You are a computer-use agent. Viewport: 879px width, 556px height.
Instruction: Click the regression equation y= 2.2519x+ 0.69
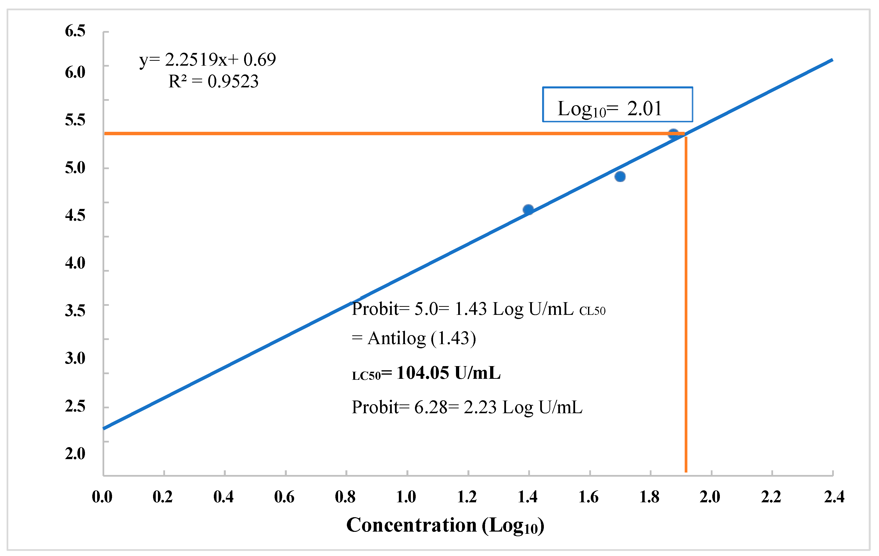[x=207, y=60]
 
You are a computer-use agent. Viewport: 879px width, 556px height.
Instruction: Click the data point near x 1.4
[x=528, y=210]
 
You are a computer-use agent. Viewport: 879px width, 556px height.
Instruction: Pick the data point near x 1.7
[x=620, y=177]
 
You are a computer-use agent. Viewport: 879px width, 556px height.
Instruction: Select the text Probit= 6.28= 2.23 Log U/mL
[x=466, y=407]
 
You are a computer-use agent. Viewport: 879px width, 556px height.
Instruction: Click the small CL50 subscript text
[x=592, y=311]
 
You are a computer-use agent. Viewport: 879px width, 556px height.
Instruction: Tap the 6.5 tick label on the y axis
[x=75, y=31]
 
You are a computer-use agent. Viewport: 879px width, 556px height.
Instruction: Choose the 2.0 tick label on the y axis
[x=75, y=453]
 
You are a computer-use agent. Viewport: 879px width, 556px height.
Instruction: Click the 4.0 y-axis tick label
[x=75, y=263]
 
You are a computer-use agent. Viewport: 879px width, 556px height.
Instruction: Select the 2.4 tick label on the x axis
[x=834, y=497]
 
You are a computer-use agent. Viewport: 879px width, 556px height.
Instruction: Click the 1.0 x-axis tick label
[x=406, y=497]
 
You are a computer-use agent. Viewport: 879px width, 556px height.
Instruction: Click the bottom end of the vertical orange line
[x=686, y=471]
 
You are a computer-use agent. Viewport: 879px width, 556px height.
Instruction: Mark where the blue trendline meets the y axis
[x=104, y=428]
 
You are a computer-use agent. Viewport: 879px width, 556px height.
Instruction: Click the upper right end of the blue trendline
[x=832, y=60]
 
